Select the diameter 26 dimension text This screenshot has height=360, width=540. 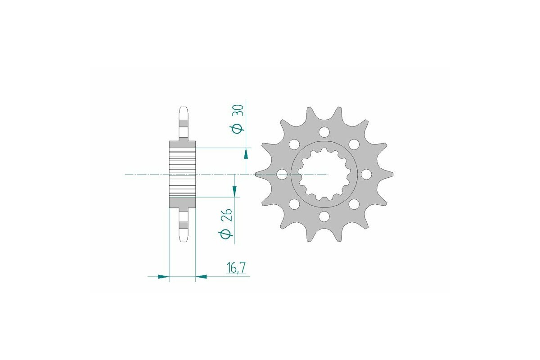pos(227,225)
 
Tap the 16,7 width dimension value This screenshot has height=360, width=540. pos(236,268)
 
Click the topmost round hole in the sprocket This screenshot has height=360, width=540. pos(324,132)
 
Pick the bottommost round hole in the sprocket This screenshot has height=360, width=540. pos(324,217)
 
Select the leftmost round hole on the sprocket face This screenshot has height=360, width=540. pos(282,174)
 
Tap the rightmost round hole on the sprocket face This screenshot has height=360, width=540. pos(365,174)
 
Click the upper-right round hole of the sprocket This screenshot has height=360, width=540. pos(354,144)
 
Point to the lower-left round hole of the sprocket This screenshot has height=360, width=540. pos(294,204)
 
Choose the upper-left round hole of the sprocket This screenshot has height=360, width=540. pos(294,144)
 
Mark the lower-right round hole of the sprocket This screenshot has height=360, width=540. pos(354,204)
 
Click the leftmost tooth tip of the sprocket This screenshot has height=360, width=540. pos(256,174)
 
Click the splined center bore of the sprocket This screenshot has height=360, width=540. pos(324,174)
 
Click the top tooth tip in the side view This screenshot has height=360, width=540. pos(183,108)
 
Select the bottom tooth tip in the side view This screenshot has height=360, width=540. pos(183,239)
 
